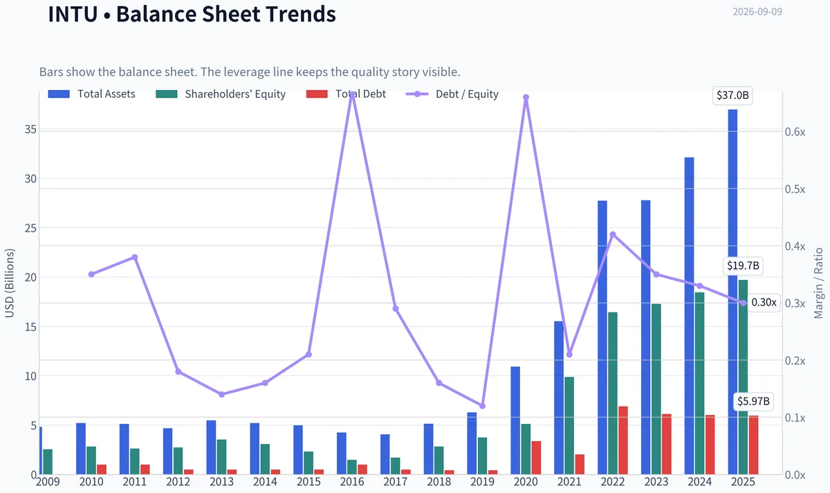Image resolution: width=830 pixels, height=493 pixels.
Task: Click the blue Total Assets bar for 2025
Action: click(x=732, y=292)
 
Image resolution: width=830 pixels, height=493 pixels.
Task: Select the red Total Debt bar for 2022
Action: click(x=623, y=440)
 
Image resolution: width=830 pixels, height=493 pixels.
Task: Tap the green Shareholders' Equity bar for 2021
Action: click(x=569, y=426)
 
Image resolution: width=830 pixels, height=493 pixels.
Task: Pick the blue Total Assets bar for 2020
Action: click(x=515, y=420)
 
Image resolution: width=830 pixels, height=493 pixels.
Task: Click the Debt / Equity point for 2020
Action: click(x=526, y=97)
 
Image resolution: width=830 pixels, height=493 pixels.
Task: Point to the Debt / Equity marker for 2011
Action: click(x=135, y=257)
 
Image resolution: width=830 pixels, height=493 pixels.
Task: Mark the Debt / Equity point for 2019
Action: click(x=483, y=406)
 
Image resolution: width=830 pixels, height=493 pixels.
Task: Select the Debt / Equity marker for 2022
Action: click(x=613, y=234)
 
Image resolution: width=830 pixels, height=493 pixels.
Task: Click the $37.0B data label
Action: click(x=732, y=95)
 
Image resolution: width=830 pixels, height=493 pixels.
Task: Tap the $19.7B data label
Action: click(x=743, y=266)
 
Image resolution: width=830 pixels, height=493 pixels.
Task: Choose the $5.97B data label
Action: click(x=753, y=402)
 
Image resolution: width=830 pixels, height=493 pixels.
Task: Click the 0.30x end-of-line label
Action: click(x=764, y=303)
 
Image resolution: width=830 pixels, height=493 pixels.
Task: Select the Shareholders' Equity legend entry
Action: click(x=221, y=94)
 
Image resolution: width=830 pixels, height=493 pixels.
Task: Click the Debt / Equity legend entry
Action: click(x=452, y=94)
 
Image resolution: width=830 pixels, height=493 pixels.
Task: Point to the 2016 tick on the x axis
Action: click(x=352, y=482)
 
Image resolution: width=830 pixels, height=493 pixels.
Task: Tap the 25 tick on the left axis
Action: click(x=30, y=228)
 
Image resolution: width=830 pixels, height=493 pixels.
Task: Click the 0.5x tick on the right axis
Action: click(x=795, y=189)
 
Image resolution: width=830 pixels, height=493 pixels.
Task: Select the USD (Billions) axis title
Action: click(x=9, y=283)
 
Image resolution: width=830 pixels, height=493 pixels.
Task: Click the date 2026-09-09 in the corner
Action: click(x=757, y=12)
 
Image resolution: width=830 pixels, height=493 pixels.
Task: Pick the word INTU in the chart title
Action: click(x=73, y=14)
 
